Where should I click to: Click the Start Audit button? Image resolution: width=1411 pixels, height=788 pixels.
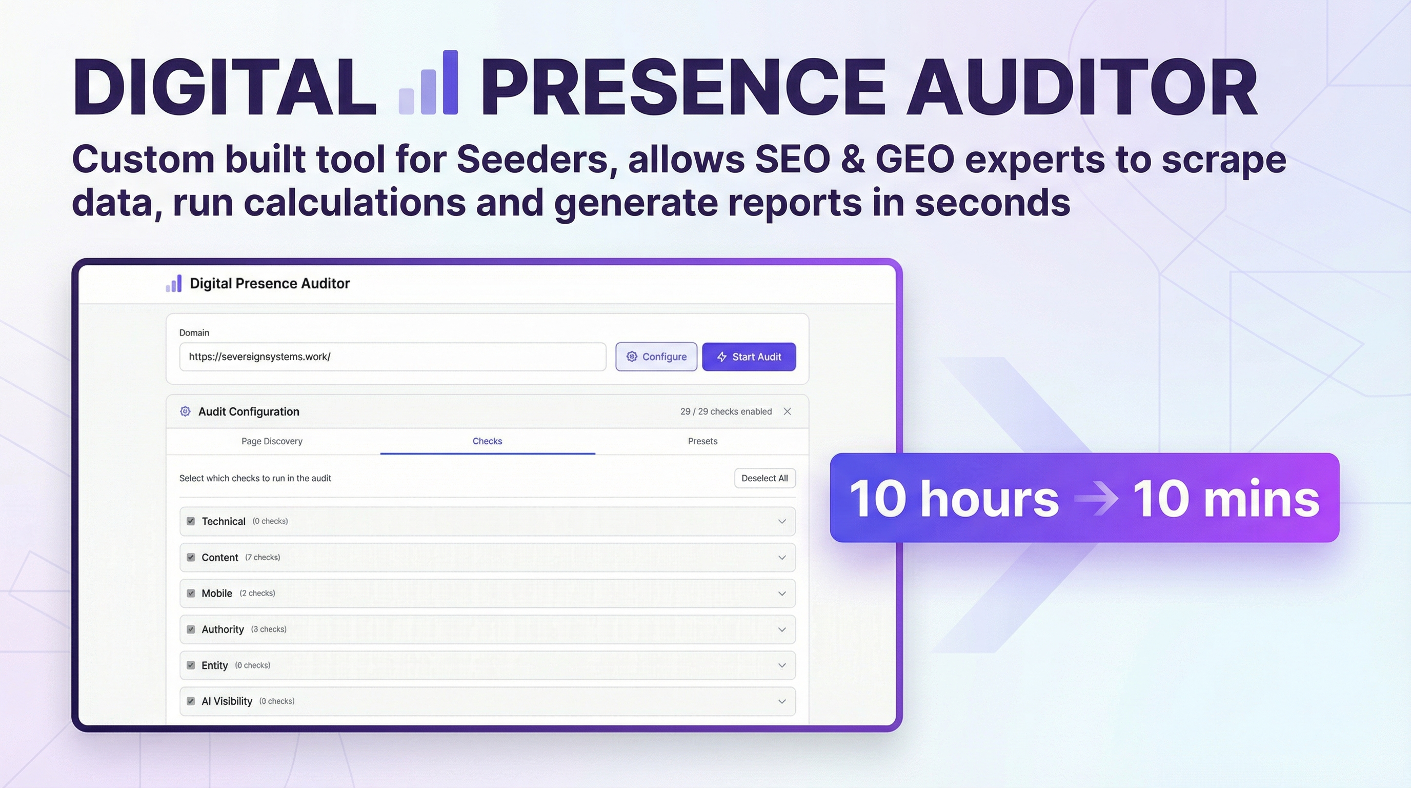click(748, 357)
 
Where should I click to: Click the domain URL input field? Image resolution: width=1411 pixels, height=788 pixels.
click(392, 357)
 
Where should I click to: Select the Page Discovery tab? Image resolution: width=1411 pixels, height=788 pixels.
click(272, 441)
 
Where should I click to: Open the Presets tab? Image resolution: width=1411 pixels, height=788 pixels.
click(702, 441)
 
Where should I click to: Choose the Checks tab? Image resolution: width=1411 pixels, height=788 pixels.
click(487, 441)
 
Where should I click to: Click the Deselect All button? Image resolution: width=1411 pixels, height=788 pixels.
click(764, 478)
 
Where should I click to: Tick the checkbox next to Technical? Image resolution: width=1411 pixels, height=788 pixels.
click(191, 521)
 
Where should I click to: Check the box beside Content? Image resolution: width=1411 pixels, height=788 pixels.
click(191, 557)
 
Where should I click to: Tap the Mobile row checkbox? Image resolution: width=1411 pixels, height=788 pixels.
click(191, 594)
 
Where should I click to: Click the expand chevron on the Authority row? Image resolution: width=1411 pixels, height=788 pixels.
click(781, 629)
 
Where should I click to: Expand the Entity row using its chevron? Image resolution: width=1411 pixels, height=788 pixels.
click(781, 665)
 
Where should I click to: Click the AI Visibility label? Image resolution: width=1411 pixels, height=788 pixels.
click(227, 701)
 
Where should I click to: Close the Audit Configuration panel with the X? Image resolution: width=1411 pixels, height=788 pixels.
click(787, 411)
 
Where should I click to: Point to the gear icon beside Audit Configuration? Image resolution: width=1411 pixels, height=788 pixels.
click(185, 411)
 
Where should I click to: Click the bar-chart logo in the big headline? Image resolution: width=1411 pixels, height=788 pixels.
click(428, 83)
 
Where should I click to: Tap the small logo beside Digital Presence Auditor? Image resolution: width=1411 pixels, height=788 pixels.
click(174, 283)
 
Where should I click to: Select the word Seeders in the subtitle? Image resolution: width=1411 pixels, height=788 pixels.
click(532, 160)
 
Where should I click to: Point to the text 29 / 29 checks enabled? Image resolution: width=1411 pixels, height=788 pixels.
click(726, 411)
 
